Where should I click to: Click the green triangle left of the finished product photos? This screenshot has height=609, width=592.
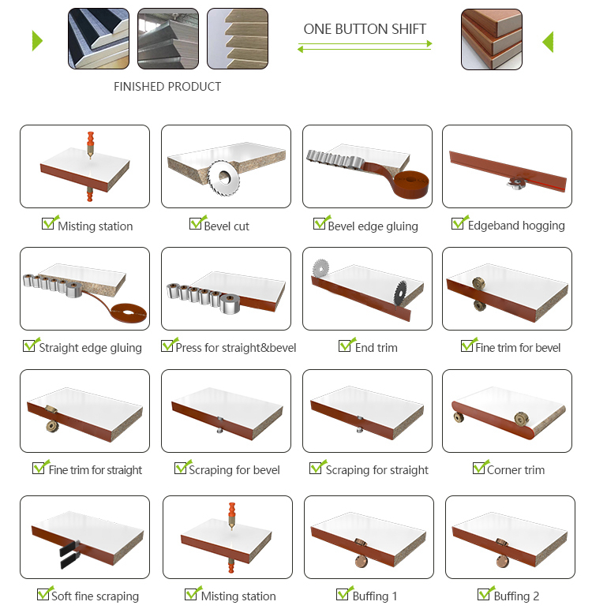(x=36, y=41)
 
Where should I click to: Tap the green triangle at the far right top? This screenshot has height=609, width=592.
(x=549, y=42)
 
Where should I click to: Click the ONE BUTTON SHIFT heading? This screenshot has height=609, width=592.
(x=365, y=29)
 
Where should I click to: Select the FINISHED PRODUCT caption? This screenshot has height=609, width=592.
(x=167, y=86)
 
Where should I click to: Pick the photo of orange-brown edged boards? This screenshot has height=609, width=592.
(x=491, y=39)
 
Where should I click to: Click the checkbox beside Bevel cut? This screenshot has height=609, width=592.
(x=196, y=223)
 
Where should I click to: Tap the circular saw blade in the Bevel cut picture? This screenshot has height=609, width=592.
(x=224, y=177)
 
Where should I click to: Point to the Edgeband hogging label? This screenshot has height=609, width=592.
(x=516, y=226)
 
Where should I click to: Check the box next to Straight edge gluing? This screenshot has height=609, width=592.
(x=29, y=346)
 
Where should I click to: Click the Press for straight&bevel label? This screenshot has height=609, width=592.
(x=235, y=348)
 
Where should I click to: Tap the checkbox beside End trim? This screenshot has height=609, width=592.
(x=345, y=346)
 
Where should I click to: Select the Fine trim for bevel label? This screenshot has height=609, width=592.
(x=518, y=348)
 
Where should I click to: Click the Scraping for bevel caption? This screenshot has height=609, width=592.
(x=234, y=470)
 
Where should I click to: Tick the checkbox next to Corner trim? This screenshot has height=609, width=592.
(x=479, y=468)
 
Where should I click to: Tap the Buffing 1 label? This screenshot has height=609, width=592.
(x=375, y=596)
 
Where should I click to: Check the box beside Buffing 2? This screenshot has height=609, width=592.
(x=484, y=594)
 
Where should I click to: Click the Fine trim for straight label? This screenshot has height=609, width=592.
(x=96, y=470)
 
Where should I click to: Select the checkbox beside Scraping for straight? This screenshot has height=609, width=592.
(x=316, y=468)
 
